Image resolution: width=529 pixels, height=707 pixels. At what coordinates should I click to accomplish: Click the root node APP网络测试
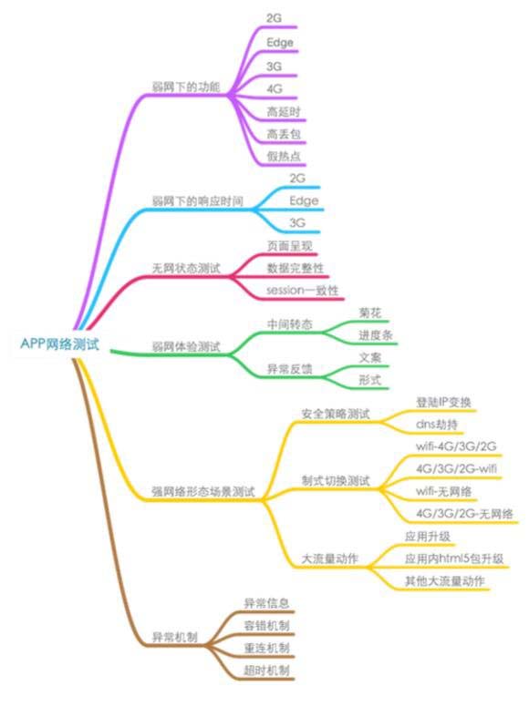59,344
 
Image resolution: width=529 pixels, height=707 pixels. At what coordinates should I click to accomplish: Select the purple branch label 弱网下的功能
186,87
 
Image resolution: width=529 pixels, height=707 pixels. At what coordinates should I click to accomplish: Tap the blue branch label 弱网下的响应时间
197,200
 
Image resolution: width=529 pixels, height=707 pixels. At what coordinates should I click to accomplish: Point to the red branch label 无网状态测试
186,268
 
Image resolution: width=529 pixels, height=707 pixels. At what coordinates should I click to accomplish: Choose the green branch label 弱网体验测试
186,347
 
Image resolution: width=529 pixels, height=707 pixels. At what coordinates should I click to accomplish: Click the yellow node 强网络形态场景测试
203,491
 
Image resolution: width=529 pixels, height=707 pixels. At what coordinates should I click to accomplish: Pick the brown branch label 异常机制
175,637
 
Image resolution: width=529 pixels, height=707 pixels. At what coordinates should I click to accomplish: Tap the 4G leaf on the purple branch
274,88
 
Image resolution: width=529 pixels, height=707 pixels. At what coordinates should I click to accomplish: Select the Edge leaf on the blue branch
304,200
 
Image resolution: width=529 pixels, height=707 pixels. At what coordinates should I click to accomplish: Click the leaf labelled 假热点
284,156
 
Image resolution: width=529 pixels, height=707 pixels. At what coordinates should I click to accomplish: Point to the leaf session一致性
303,290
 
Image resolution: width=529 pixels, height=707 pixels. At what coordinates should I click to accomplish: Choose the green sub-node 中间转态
289,324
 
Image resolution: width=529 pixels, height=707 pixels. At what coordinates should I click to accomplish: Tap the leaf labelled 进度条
376,335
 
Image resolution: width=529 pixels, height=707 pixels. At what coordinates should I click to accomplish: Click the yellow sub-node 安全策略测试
336,414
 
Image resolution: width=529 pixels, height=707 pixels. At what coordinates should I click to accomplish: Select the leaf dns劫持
437,425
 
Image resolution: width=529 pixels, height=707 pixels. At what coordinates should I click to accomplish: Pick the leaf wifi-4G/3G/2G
456,446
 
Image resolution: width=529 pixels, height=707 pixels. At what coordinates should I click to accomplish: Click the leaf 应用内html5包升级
454,558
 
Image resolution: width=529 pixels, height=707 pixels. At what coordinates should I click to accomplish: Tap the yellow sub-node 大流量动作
329,558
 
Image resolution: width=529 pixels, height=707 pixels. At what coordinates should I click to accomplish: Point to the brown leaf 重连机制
266,648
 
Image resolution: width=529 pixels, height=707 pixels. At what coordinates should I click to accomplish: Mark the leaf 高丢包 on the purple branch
284,133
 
